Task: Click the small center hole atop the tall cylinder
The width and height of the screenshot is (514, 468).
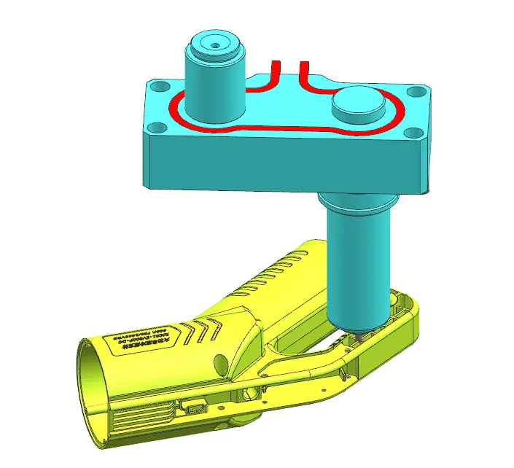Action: pos(215,44)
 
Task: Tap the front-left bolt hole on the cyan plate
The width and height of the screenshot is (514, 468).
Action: pos(154,129)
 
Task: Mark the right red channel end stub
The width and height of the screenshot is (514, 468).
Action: pos(304,69)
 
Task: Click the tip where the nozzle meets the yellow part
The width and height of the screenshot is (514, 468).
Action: pos(357,336)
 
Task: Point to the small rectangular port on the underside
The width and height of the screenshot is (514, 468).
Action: pos(195,407)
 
